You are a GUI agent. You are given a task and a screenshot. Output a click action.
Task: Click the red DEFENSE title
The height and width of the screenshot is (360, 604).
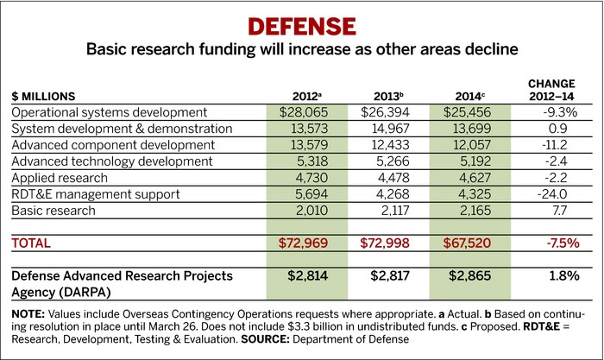coord(301,21)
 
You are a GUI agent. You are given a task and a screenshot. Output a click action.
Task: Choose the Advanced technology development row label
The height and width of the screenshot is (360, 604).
coord(111,161)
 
